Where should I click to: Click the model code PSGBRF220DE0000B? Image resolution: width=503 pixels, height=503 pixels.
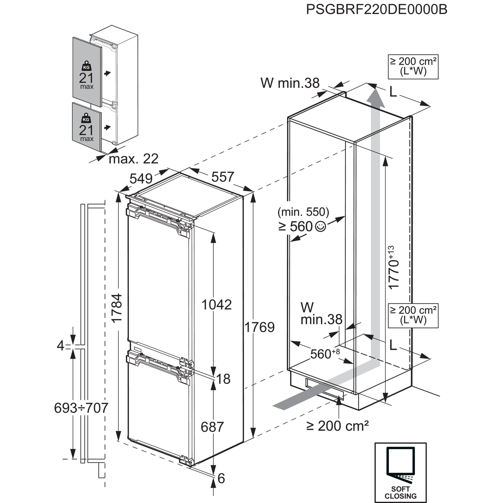[x=376, y=9]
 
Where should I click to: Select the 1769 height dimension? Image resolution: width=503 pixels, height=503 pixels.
[x=259, y=327]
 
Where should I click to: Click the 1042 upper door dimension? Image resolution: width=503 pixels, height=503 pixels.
[x=217, y=304]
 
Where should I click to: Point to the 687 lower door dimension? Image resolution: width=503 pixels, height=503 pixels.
[x=212, y=405]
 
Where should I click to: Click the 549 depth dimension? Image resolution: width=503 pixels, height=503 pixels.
[x=141, y=179]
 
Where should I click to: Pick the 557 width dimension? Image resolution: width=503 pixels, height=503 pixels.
[x=223, y=177]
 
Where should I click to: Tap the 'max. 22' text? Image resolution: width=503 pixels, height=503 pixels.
[x=134, y=159]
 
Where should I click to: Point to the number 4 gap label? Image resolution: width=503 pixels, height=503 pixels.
[x=60, y=346]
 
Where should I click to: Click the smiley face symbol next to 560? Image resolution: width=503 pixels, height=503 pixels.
[x=320, y=226]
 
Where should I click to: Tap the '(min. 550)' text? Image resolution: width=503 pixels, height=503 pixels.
[x=303, y=212]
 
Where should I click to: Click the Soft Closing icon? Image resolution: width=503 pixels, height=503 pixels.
[x=400, y=472]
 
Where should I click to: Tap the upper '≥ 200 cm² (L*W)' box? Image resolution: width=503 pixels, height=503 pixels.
[x=413, y=67]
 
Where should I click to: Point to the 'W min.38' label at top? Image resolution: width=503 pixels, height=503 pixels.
[x=290, y=83]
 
